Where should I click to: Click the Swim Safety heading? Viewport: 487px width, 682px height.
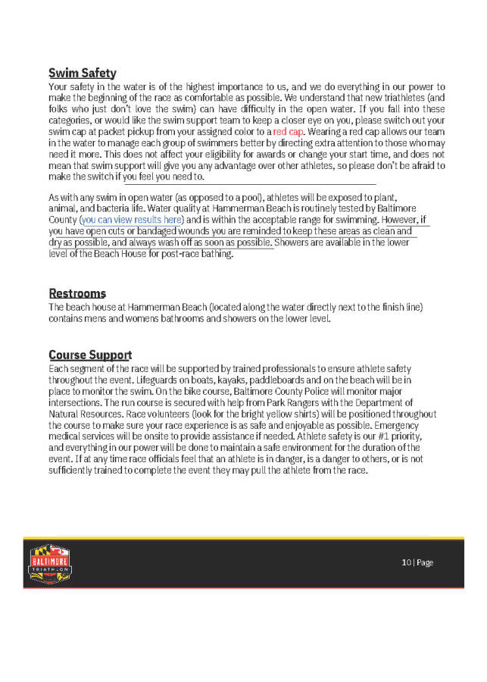(x=82, y=74)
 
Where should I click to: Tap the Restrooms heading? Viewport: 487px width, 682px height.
(x=77, y=293)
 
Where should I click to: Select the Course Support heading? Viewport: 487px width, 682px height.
(x=90, y=355)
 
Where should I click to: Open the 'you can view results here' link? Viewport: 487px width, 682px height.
(x=132, y=220)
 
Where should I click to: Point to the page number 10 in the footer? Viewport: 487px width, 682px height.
(x=406, y=562)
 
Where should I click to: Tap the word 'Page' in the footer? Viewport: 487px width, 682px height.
(x=425, y=562)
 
